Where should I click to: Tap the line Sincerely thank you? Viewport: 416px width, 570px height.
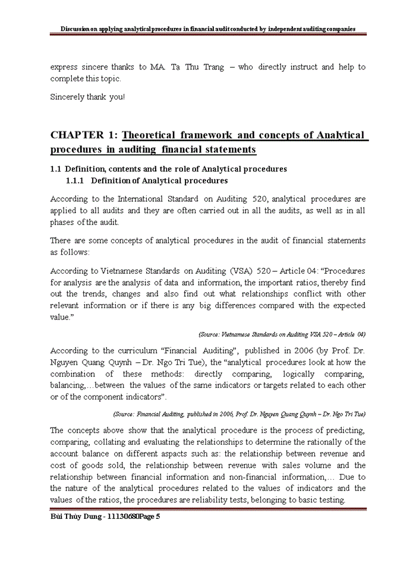click(x=88, y=97)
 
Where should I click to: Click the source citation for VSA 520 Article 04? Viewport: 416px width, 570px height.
click(x=282, y=334)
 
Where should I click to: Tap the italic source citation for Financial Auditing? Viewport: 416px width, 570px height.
click(x=239, y=413)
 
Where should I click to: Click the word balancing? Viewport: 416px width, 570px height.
click(x=70, y=385)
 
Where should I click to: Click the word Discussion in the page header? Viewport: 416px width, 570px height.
click(x=80, y=28)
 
